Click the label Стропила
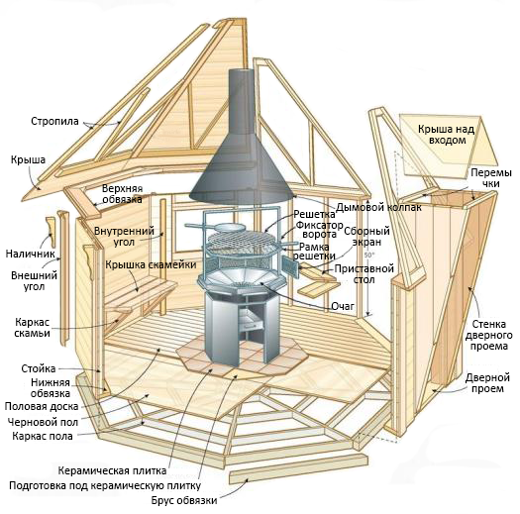coord(54,121)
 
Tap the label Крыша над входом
coord(446,135)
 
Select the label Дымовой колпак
coord(378,208)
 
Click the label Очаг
coord(343,306)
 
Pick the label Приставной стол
coord(364,273)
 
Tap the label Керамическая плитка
coord(112,470)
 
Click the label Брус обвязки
coord(184,500)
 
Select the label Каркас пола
coord(43,436)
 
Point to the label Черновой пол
coord(43,422)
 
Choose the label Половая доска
coord(42,406)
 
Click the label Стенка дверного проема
coord(488,335)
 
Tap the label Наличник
coord(30,254)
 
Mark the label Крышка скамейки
coord(151,264)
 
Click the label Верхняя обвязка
coord(123,194)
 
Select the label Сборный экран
coord(366,236)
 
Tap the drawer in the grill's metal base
coord(251,322)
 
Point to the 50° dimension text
coord(368,256)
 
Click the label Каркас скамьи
coord(32,327)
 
